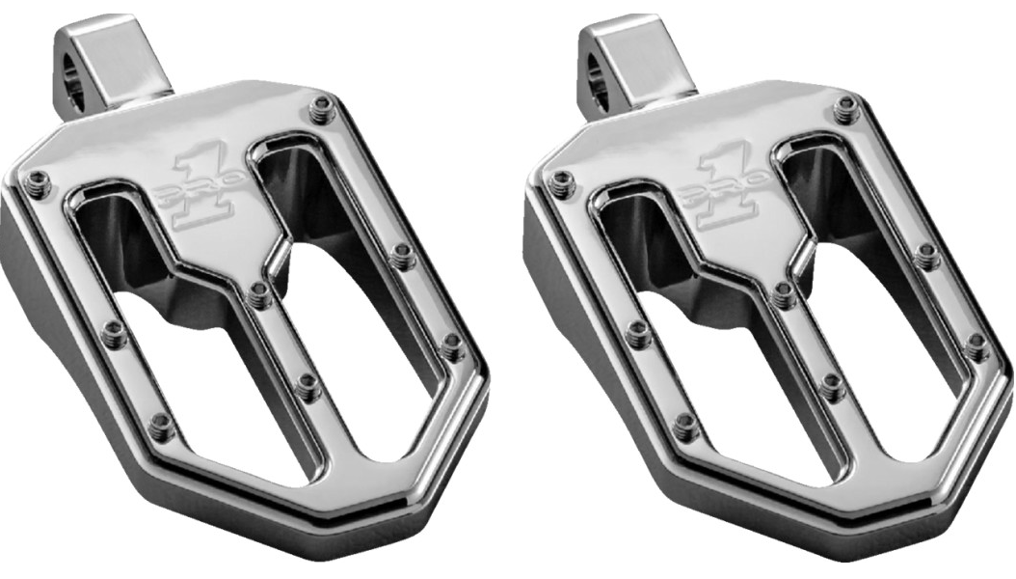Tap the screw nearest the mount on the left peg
[321, 112]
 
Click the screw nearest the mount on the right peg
[846, 112]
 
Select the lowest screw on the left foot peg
[161, 424]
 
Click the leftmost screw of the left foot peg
[37, 180]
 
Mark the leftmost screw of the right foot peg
[562, 180]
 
